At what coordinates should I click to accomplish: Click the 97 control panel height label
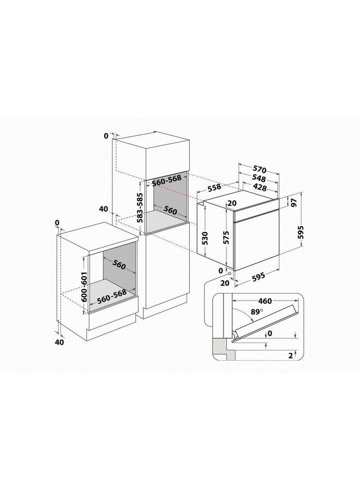294,203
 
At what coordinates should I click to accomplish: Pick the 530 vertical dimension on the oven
205,238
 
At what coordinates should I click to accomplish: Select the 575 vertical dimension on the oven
226,238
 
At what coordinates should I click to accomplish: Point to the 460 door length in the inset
266,301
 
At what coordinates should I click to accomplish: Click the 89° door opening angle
249,313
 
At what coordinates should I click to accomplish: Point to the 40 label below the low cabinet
59,342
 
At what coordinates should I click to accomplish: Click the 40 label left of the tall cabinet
103,209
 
